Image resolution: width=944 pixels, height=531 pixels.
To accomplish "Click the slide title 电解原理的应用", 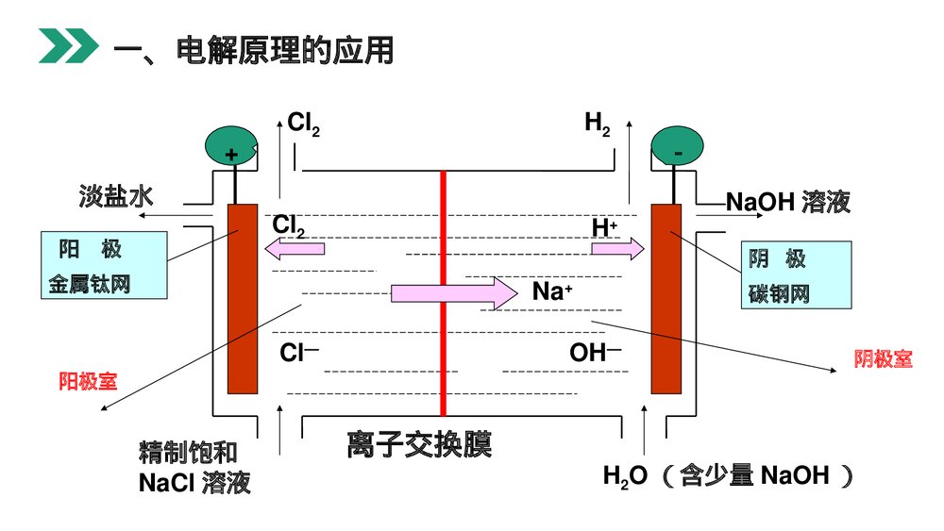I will pyautogui.click(x=252, y=50).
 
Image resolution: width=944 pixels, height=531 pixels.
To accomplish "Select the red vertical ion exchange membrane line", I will pyautogui.click(x=443, y=292).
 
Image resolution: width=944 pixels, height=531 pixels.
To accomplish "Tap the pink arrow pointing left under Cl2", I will pyautogui.click(x=295, y=249).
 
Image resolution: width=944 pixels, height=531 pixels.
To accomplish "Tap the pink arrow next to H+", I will pyautogui.click(x=617, y=249).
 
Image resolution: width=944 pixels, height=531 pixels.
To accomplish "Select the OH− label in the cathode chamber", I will pyautogui.click(x=595, y=355).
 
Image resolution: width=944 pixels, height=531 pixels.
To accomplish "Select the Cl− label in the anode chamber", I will pyautogui.click(x=299, y=355).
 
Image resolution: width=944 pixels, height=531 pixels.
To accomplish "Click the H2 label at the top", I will pyautogui.click(x=597, y=123).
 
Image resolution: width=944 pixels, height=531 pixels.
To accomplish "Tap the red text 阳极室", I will pyautogui.click(x=88, y=381).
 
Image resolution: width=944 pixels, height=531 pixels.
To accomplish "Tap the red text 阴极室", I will pyautogui.click(x=883, y=358).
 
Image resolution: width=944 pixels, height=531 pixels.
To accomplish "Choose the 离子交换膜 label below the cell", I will pyautogui.click(x=420, y=443).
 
